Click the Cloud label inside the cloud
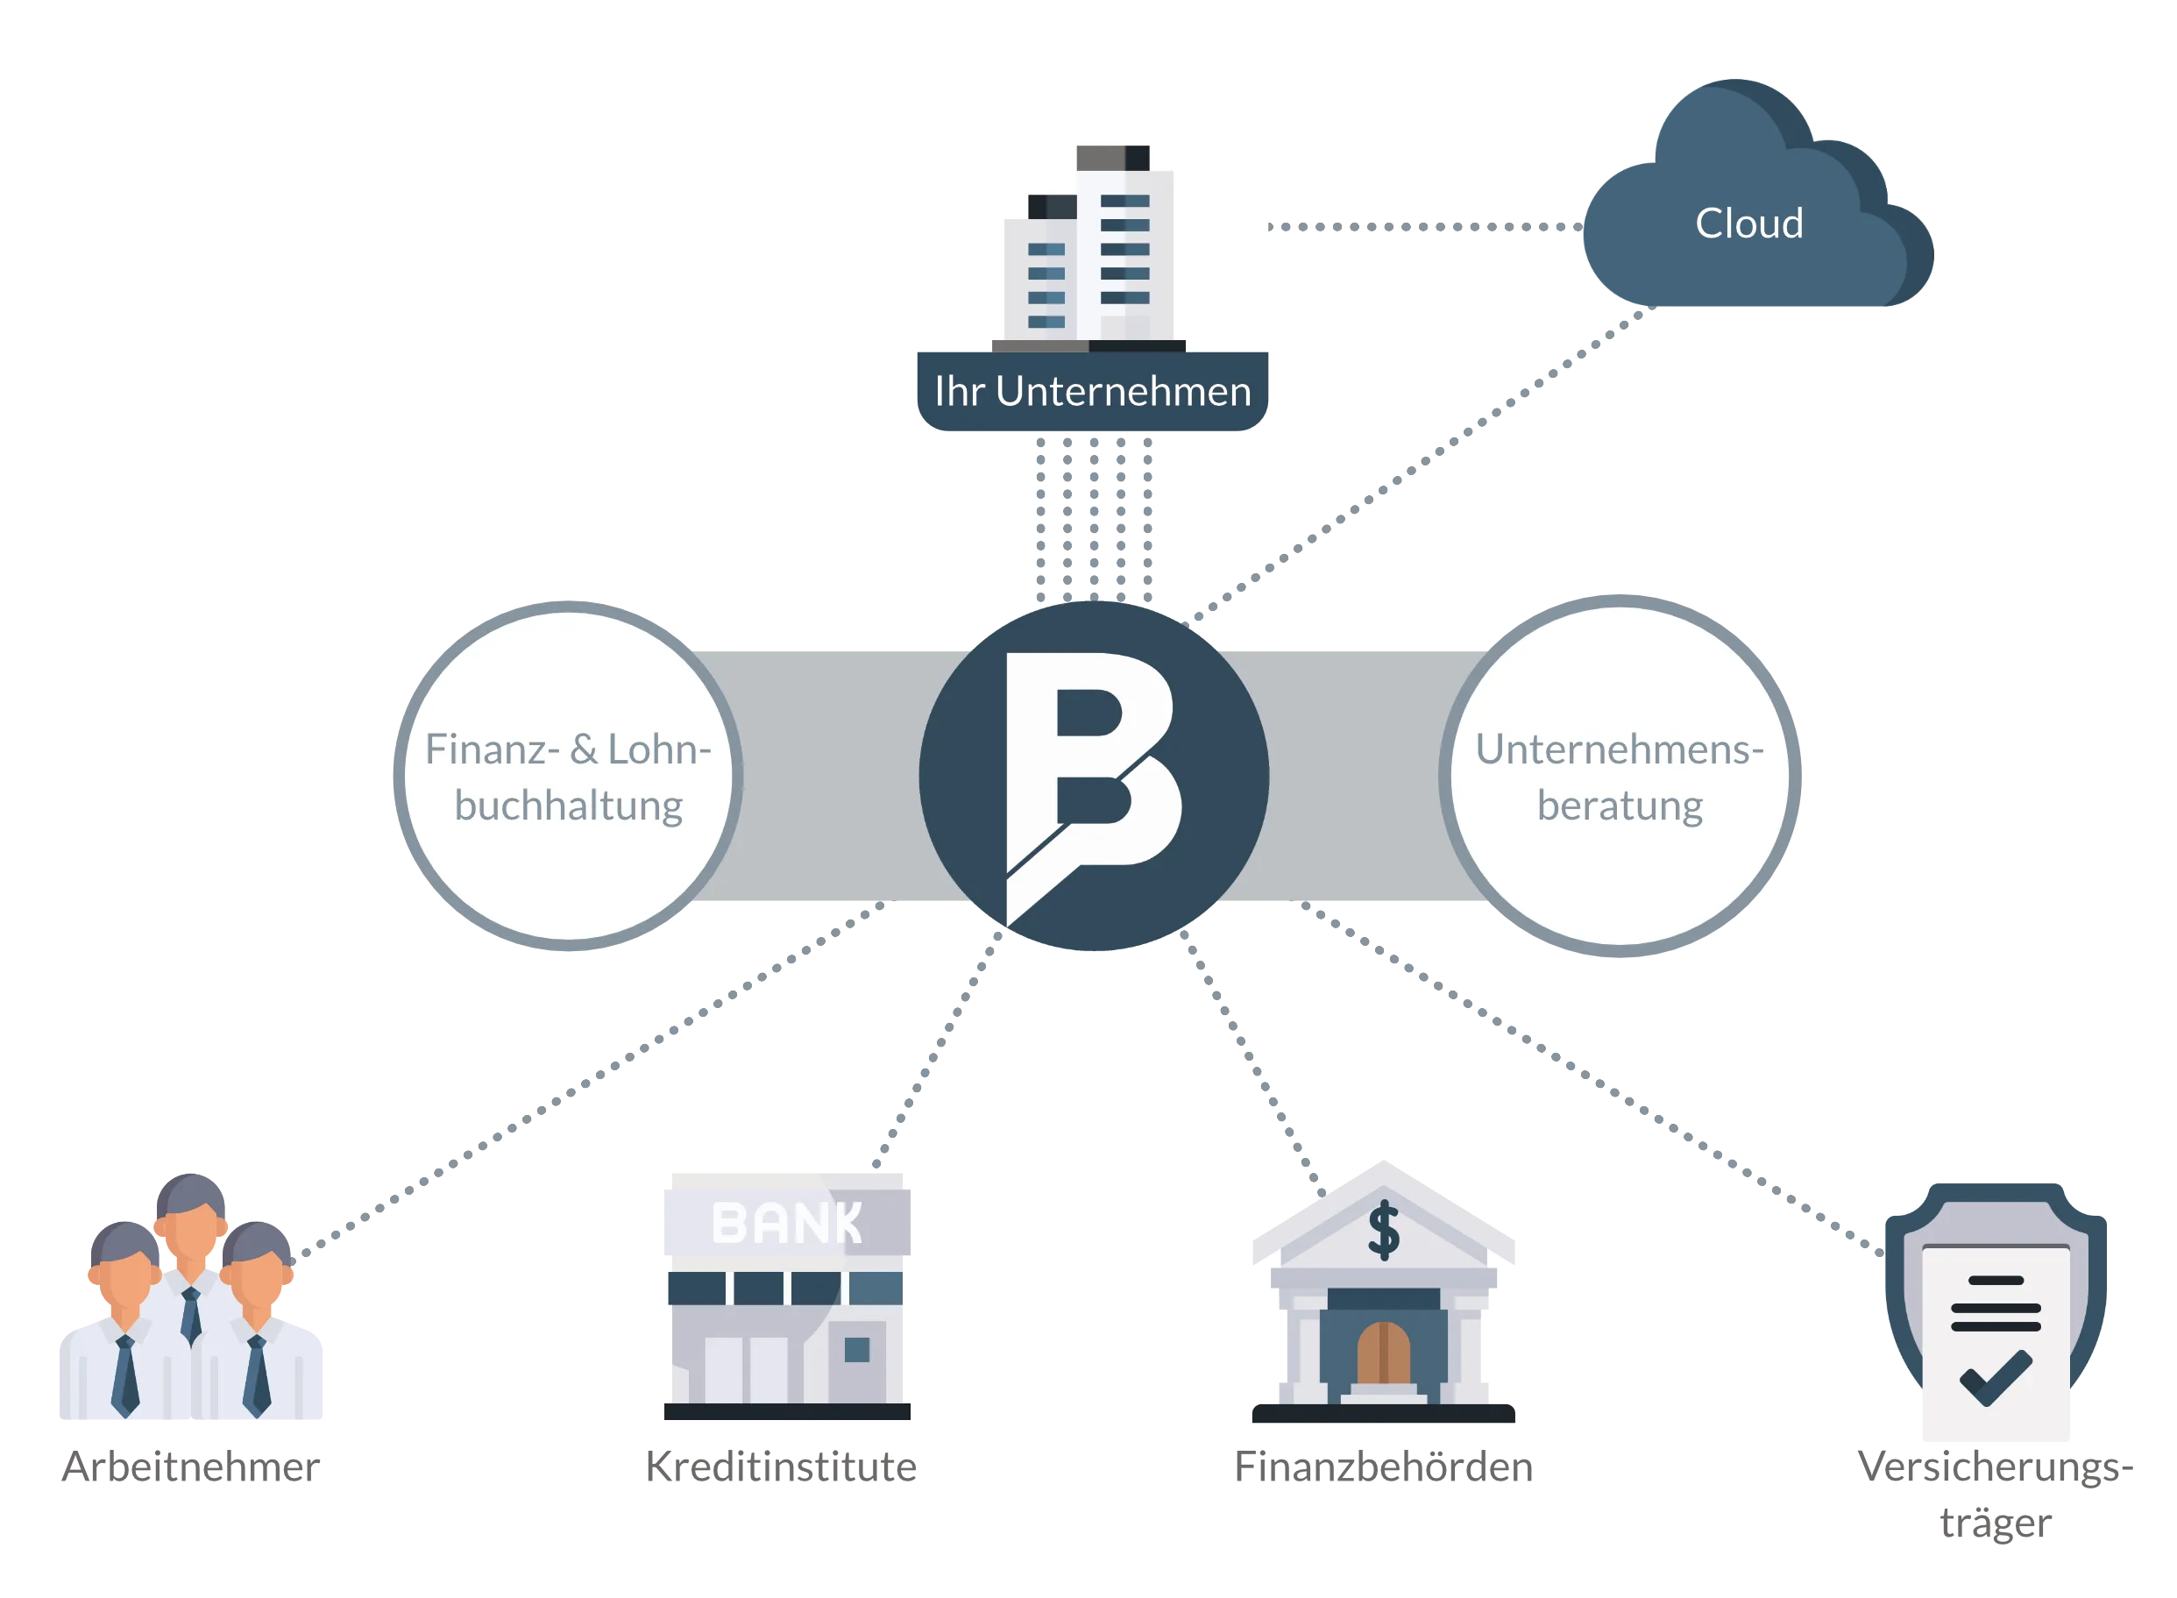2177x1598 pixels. click(x=1748, y=224)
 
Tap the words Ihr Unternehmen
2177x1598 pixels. click(x=1092, y=392)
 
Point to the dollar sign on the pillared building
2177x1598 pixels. click(x=1384, y=1231)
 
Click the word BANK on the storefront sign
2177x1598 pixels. click(x=785, y=1223)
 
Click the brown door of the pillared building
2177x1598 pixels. click(x=1384, y=1353)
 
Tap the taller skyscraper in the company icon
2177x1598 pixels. click(x=1124, y=246)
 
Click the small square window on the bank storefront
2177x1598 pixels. click(x=857, y=1349)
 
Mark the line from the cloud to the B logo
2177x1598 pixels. click(x=1422, y=465)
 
